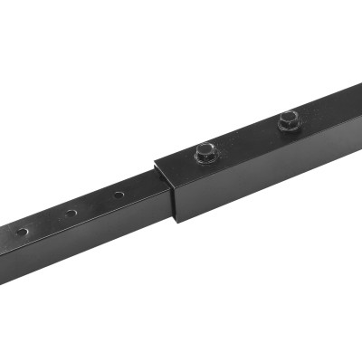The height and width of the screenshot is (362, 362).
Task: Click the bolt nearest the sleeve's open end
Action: [207, 151]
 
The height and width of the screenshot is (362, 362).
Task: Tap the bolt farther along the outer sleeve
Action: [288, 118]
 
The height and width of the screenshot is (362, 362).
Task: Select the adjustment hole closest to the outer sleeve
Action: [119, 195]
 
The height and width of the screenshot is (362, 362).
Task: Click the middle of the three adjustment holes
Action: [71, 214]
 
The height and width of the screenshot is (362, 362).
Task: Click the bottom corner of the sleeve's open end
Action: [177, 221]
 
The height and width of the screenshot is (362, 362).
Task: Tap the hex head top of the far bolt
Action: [288, 115]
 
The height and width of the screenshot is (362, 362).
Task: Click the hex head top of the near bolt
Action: [207, 148]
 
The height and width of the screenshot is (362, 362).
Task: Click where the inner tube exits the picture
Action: [4, 253]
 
